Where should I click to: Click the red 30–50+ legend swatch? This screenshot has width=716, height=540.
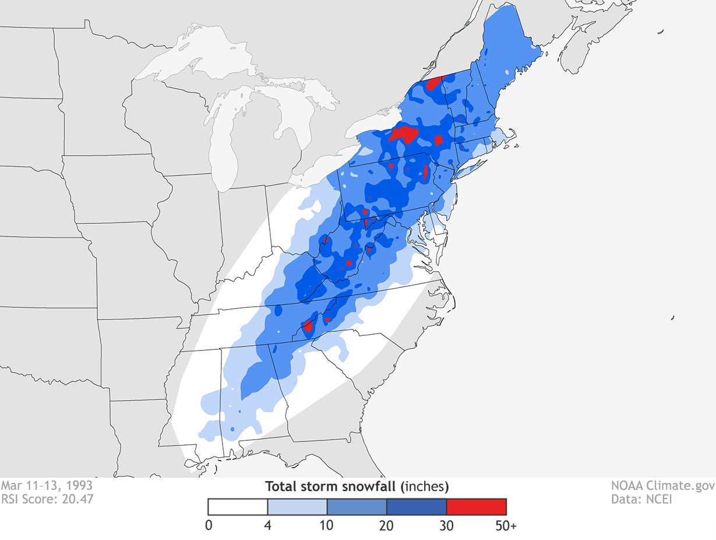pyautogui.click(x=476, y=507)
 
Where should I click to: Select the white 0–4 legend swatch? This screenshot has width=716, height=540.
pyautogui.click(x=238, y=507)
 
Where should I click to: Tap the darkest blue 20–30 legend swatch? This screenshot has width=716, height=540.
pyautogui.click(x=416, y=507)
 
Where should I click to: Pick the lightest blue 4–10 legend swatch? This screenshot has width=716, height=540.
pyautogui.click(x=297, y=507)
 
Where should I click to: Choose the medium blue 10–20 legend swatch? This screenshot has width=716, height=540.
pyautogui.click(x=357, y=507)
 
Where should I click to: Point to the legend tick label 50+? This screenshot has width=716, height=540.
pyautogui.click(x=506, y=526)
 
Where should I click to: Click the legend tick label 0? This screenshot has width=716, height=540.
pyautogui.click(x=209, y=526)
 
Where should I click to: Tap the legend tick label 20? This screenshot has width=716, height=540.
pyautogui.click(x=386, y=526)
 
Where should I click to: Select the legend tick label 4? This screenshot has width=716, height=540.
pyautogui.click(x=267, y=526)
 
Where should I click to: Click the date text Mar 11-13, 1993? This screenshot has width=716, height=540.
pyautogui.click(x=46, y=485)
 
